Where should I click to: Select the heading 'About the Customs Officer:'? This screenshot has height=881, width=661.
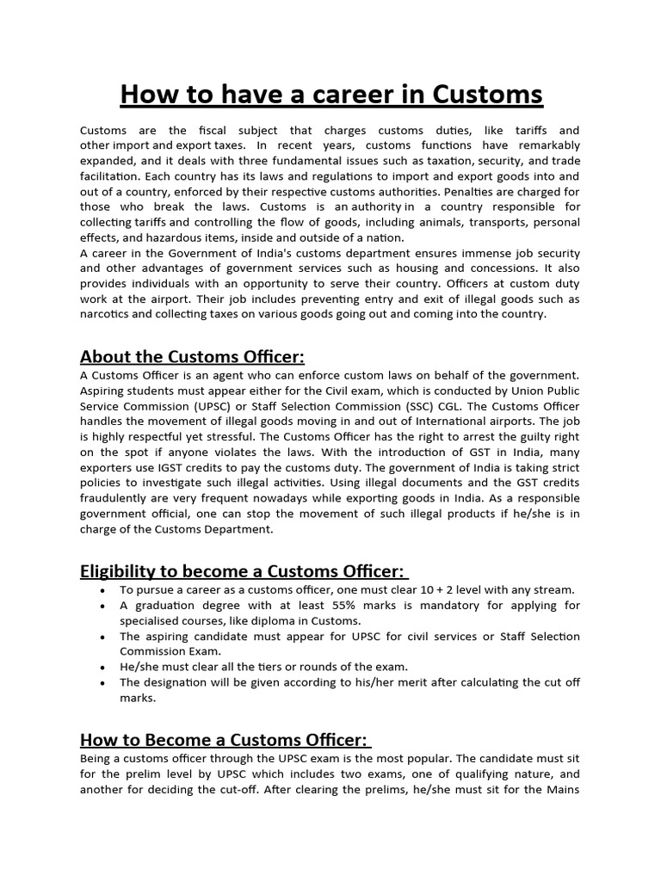click(x=192, y=356)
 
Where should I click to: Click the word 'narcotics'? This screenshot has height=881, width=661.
click(x=107, y=314)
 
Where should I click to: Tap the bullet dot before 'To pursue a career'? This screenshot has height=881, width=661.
click(x=103, y=590)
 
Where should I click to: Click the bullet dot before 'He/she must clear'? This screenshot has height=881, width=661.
click(x=103, y=667)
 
